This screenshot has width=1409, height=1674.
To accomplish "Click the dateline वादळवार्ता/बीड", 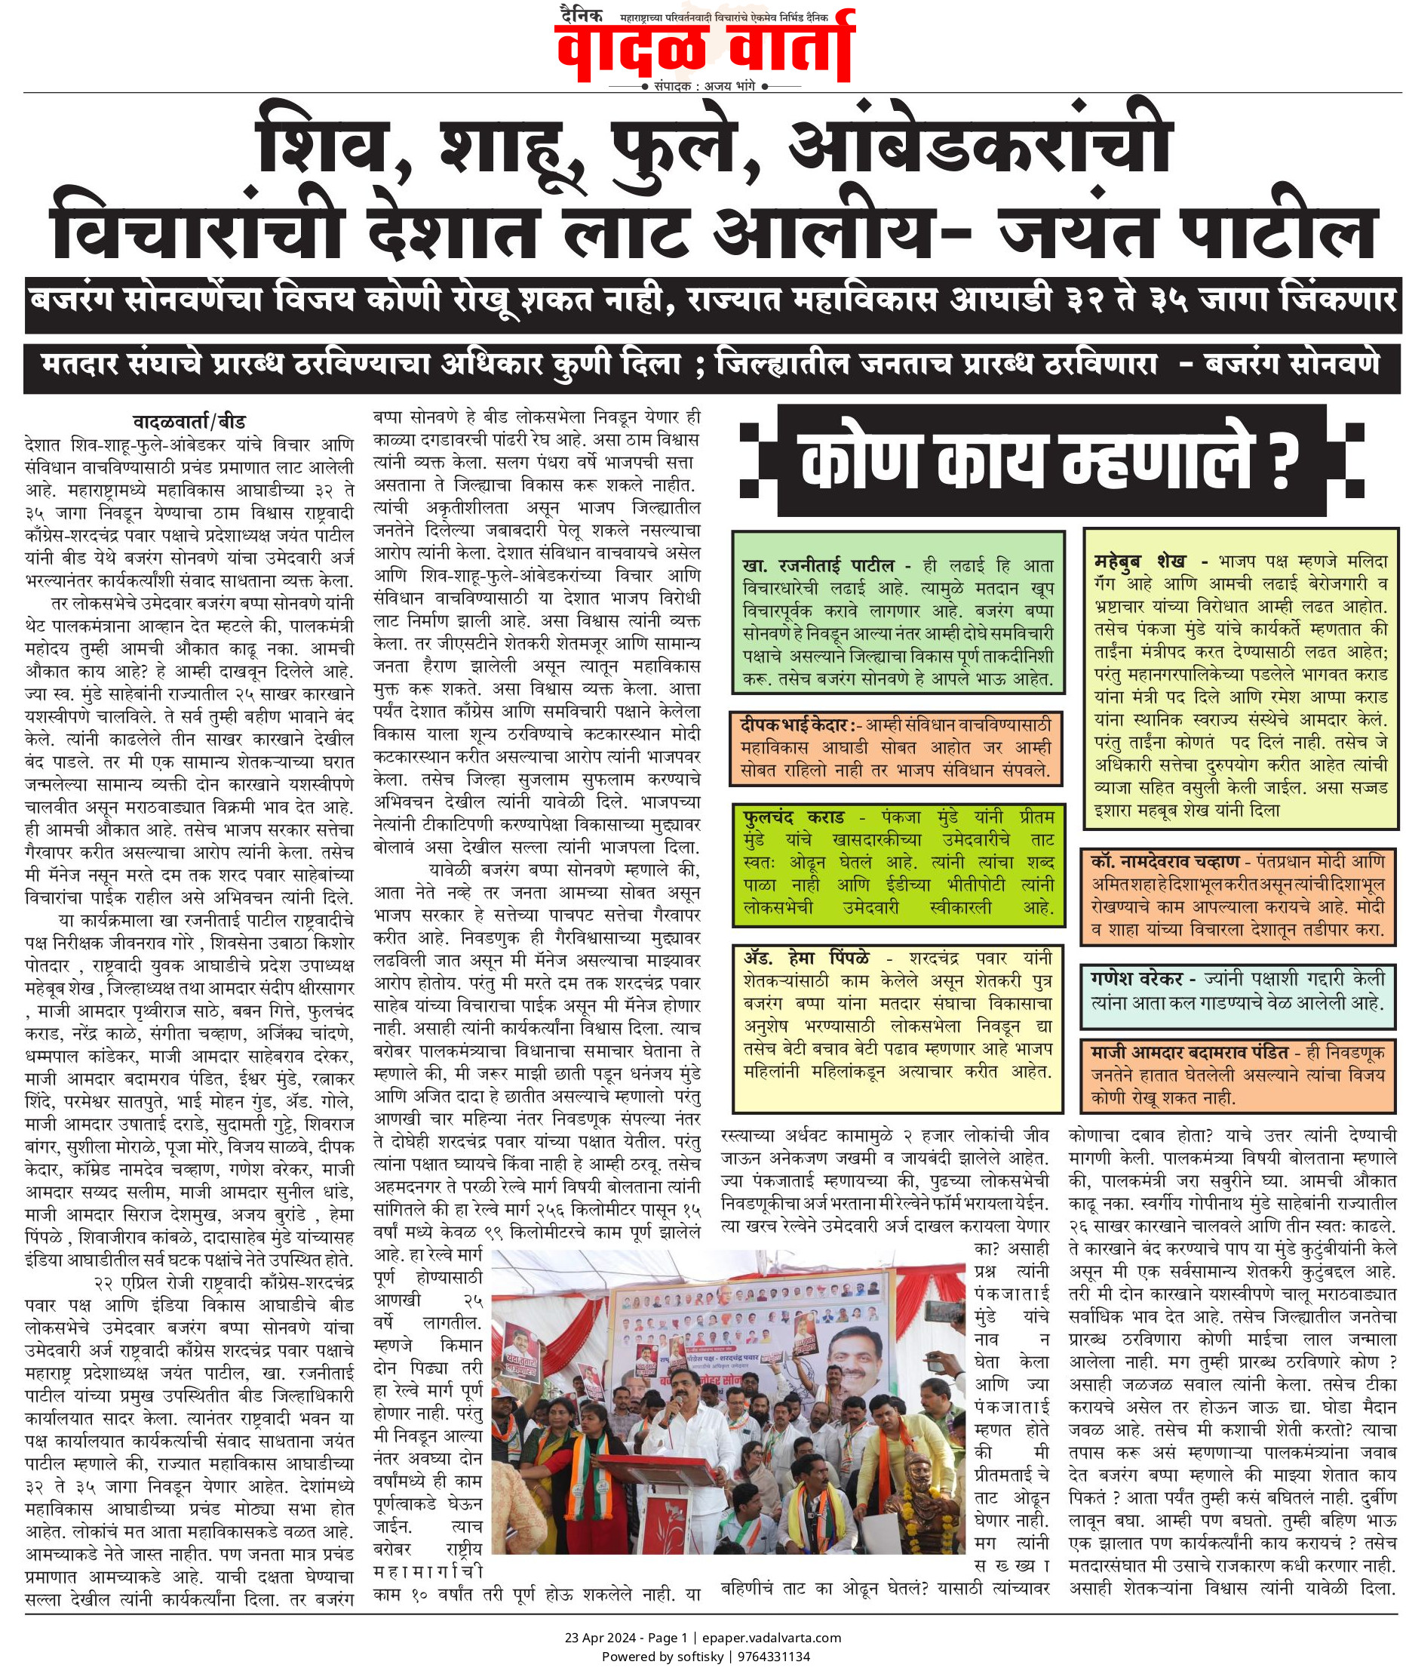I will tap(189, 421).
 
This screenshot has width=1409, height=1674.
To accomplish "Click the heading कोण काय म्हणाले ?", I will tap(1045, 461).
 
